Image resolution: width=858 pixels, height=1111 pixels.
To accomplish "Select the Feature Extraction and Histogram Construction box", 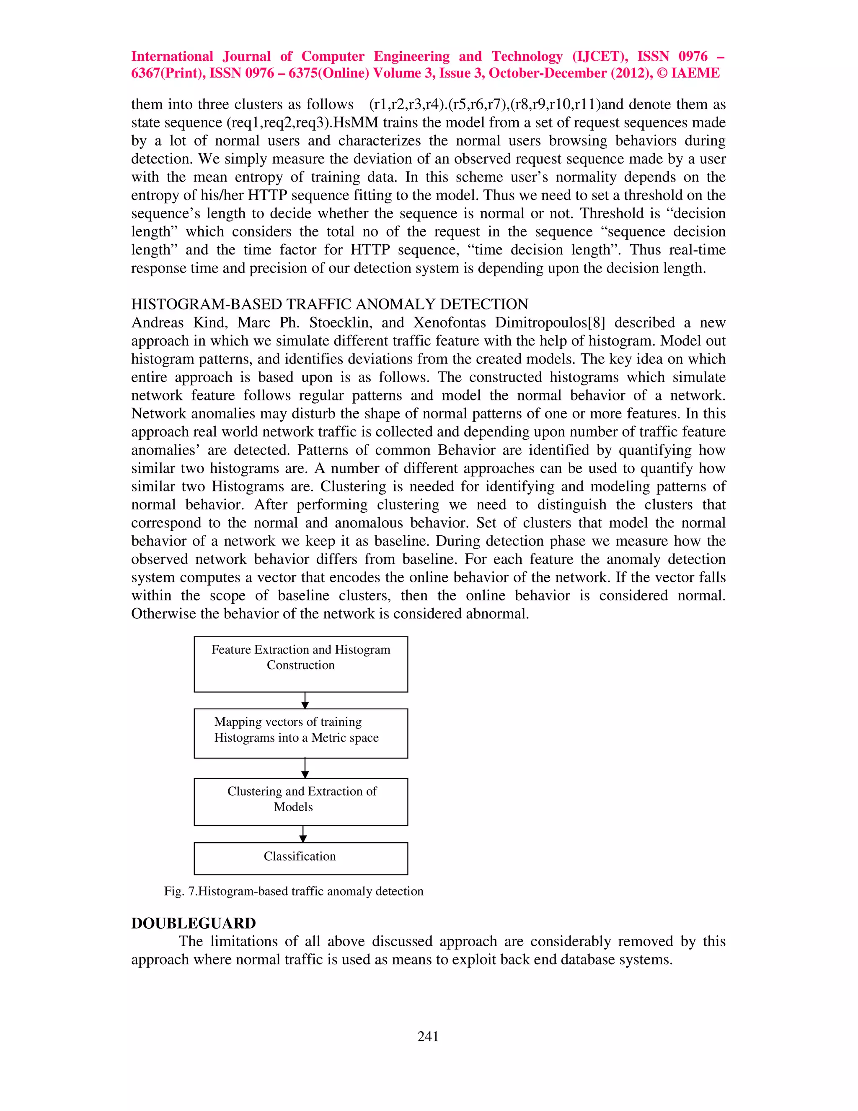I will (300, 663).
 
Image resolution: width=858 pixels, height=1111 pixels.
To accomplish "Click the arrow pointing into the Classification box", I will (303, 834).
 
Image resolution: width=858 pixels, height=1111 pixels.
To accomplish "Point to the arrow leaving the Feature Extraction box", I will (305, 700).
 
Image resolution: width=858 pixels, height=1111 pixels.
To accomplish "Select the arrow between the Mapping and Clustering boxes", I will (305, 768).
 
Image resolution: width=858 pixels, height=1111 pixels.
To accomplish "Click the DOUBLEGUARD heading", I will (193, 923).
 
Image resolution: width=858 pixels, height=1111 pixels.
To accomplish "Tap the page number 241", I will (428, 1036).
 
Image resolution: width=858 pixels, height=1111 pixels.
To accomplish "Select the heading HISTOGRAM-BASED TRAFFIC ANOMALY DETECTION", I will (329, 304).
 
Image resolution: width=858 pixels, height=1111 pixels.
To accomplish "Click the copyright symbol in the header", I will (661, 73).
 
